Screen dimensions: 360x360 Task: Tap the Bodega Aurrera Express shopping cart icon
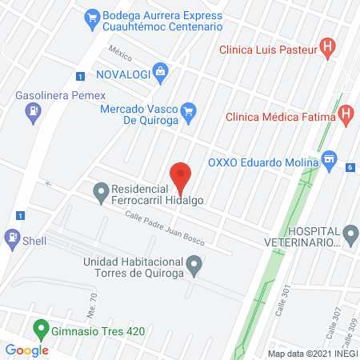click(x=92, y=15)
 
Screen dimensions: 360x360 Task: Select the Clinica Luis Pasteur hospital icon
click(x=326, y=47)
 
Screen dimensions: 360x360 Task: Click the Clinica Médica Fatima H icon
click(x=346, y=114)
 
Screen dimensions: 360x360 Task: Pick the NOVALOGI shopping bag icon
click(x=161, y=74)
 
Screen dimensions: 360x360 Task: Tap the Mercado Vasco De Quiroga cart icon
click(x=189, y=110)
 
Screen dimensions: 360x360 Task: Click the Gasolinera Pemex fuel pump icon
click(x=32, y=114)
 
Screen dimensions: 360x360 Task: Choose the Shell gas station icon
click(x=13, y=238)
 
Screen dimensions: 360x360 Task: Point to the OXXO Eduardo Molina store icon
click(x=329, y=162)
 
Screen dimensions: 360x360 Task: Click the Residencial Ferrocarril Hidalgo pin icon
click(x=101, y=191)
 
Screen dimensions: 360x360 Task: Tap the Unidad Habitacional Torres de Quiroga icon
click(x=194, y=263)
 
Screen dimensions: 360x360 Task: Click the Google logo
click(x=27, y=350)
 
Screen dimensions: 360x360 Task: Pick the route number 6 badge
click(x=350, y=167)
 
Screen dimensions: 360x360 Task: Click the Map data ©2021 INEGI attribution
click(x=311, y=353)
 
